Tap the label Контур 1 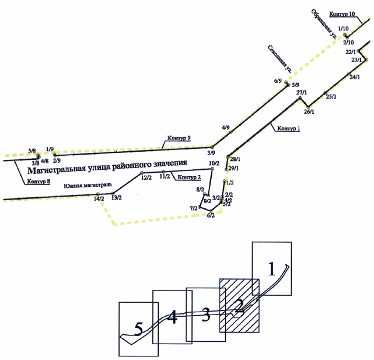pyautogui.click(x=288, y=128)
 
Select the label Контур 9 pyautogui.click(x=179, y=138)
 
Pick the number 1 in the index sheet pyautogui.click(x=271, y=268)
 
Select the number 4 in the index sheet pyautogui.click(x=172, y=318)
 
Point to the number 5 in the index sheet pyautogui.click(x=138, y=330)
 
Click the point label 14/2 pyautogui.click(x=99, y=199)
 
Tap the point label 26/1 pyautogui.click(x=309, y=112)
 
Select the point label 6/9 pyautogui.click(x=278, y=81)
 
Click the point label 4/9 pyautogui.click(x=226, y=127)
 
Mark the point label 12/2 pyautogui.click(x=146, y=177)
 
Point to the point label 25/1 pyautogui.click(x=331, y=96)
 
